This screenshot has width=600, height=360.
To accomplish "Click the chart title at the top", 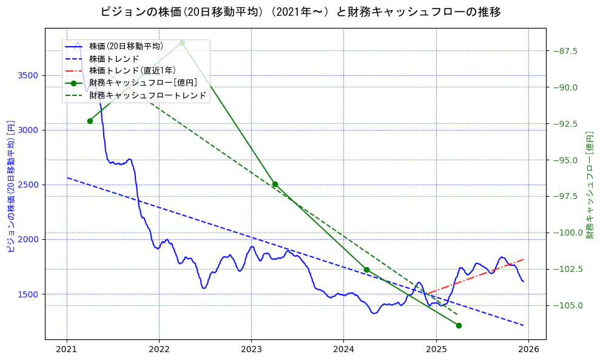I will coord(300,12).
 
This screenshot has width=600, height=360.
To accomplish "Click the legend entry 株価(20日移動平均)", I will coord(126,46).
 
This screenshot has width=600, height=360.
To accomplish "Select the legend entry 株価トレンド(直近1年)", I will coord(133,70).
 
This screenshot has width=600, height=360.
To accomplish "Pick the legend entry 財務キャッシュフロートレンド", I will coord(147,95).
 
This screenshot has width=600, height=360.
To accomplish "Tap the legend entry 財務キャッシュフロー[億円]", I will coord(143,83).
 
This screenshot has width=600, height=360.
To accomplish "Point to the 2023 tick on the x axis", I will coord(251,350).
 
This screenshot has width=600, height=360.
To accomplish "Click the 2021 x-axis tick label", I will coord(67,350).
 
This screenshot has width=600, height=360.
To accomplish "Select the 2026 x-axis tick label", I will coord(528,350).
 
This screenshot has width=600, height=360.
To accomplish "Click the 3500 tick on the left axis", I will coord(29,75).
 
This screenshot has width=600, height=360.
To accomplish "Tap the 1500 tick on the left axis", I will coord(29,294).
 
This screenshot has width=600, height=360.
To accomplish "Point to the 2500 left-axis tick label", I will coord(29,185).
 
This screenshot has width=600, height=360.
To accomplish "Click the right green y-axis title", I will coord(589,185).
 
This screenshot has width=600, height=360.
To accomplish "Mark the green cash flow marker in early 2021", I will coord(90,121).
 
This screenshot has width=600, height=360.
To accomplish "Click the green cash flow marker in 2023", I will coord(275,184).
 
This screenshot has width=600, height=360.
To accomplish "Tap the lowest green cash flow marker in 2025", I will coord(459,325).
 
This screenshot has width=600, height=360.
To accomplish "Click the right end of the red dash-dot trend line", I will coord(524,259).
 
